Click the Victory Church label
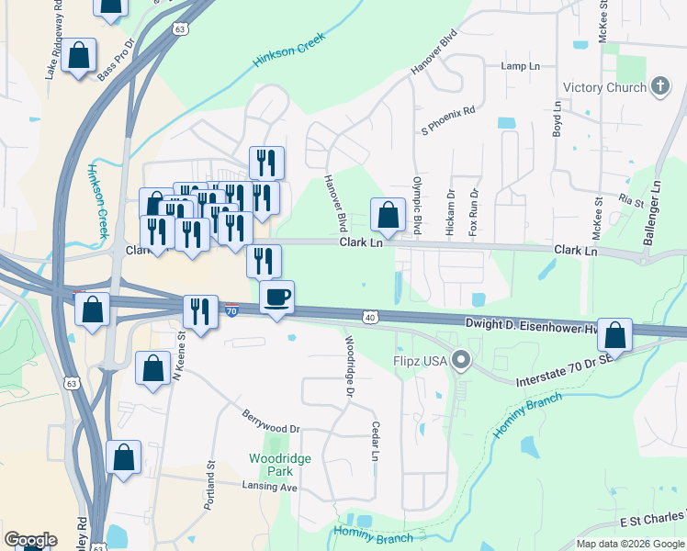pos(602,87)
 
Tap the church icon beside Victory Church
pos(658,87)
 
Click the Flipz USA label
pos(421,361)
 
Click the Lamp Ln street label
pos(520,66)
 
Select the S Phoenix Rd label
pos(448,121)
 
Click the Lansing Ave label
pos(269,487)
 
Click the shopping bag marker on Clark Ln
pos(389,216)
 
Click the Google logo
pos(30,540)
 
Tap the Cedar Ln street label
pos(376,442)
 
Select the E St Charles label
pos(652,521)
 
